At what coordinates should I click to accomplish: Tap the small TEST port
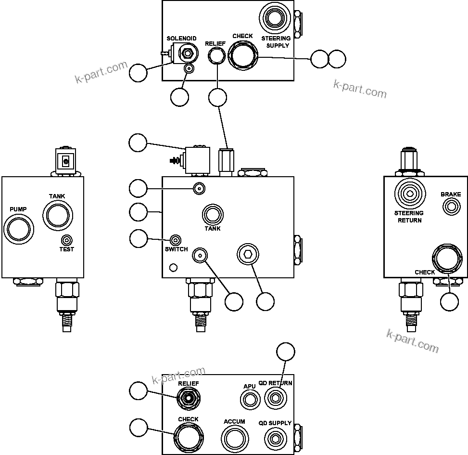pyautogui.click(x=67, y=240)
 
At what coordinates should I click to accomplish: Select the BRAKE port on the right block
pyautogui.click(x=451, y=207)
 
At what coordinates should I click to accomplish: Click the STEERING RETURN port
pyautogui.click(x=410, y=194)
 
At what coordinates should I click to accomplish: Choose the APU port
pyautogui.click(x=250, y=399)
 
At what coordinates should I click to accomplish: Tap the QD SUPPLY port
pyautogui.click(x=275, y=439)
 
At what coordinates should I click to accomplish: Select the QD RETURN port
pyautogui.click(x=275, y=399)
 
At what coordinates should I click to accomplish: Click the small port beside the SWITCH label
pyautogui.click(x=176, y=240)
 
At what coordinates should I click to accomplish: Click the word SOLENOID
pyautogui.click(x=181, y=39)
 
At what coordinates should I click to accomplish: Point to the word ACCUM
pyautogui.click(x=234, y=422)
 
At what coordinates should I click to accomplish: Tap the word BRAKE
pyautogui.click(x=451, y=195)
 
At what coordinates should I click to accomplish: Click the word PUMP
pyautogui.click(x=18, y=209)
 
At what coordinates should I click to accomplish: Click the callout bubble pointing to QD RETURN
pyautogui.click(x=287, y=351)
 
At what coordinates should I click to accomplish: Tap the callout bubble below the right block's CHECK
pyautogui.click(x=450, y=301)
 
